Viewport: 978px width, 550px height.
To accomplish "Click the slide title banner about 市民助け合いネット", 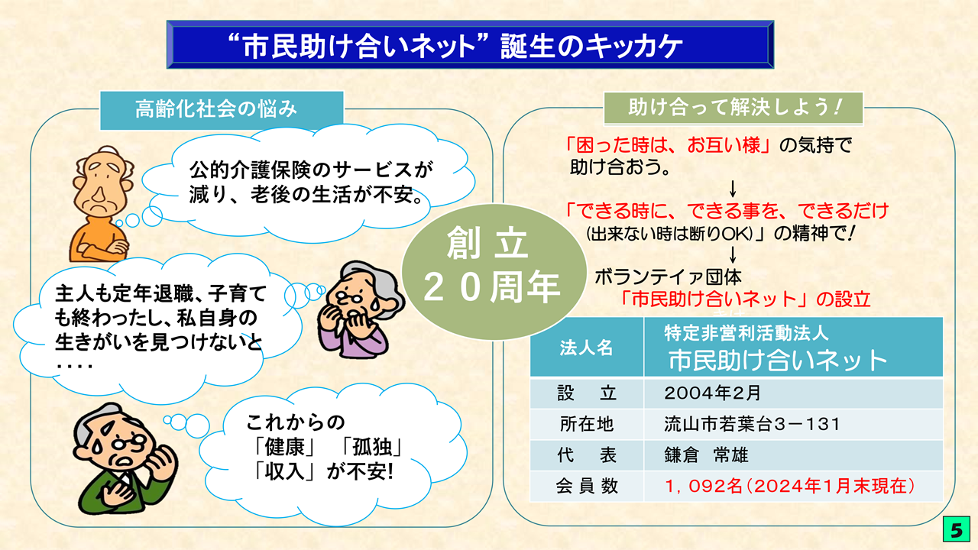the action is click(x=470, y=44).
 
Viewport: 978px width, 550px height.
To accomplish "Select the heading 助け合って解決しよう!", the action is click(x=733, y=108).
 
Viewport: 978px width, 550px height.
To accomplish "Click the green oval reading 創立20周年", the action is click(x=494, y=271).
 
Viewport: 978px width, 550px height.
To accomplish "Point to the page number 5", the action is click(x=956, y=529).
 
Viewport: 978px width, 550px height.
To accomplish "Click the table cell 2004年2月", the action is click(x=712, y=393).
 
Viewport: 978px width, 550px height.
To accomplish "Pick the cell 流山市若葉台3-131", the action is click(x=752, y=424).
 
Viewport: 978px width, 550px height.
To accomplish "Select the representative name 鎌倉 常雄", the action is click(x=706, y=455).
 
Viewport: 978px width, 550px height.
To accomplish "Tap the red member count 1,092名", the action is click(x=703, y=487).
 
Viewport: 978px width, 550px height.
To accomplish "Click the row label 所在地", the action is click(x=587, y=424).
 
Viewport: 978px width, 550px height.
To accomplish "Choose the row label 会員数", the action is click(x=587, y=487).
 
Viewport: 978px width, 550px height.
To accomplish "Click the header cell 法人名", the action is click(x=586, y=348).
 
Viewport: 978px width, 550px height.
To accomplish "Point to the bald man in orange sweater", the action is click(x=102, y=204).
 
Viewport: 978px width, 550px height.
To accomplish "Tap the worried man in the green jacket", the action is click(x=125, y=458).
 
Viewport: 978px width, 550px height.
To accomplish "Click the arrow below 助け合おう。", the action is click(x=733, y=189).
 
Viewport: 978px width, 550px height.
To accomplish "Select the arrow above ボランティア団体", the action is click(x=733, y=255).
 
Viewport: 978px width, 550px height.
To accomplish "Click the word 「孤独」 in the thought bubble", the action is click(x=371, y=447).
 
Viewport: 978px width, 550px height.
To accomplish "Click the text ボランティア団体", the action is click(x=668, y=277).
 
